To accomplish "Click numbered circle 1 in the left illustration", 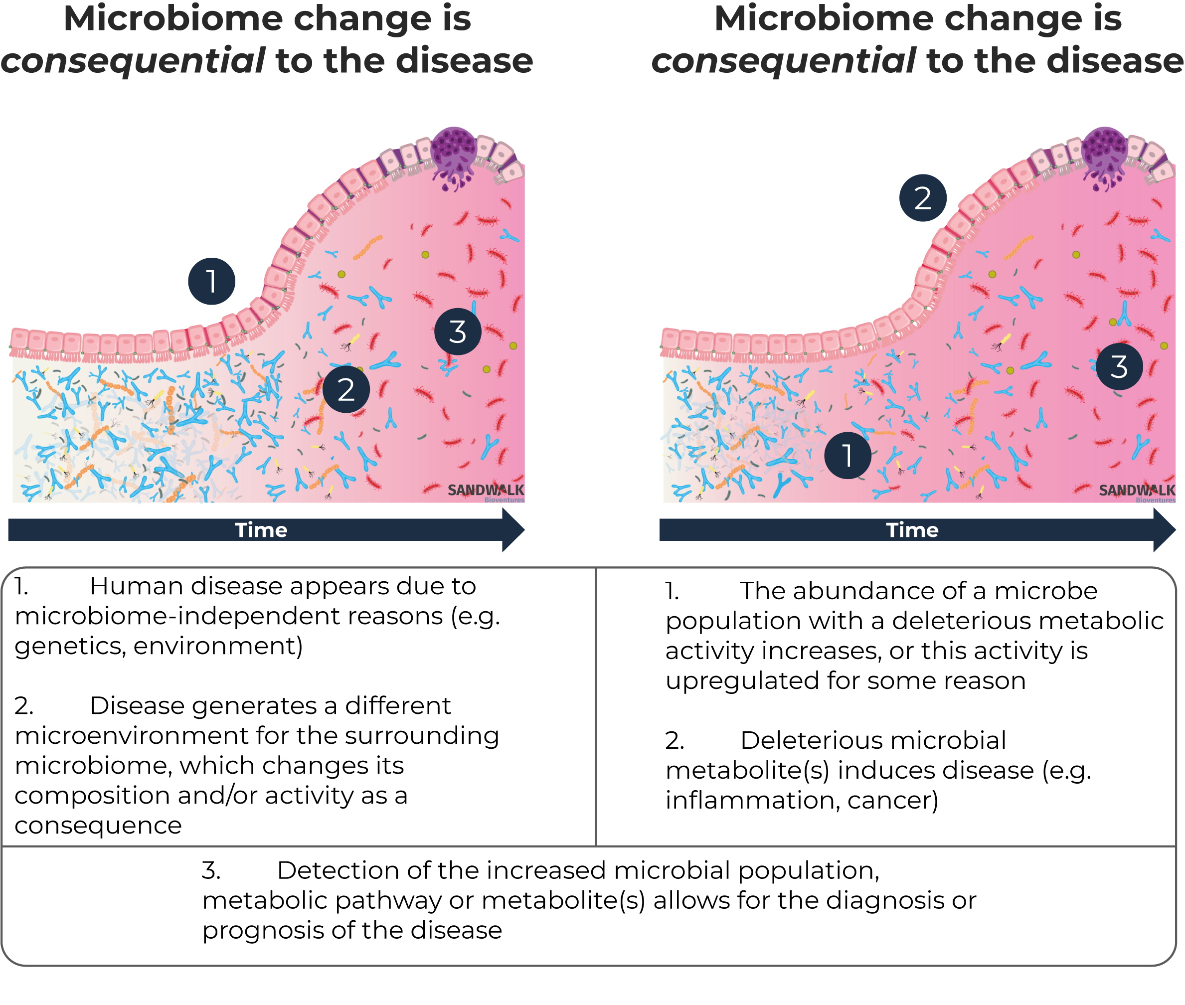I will click(211, 282).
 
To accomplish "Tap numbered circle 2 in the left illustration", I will click(346, 390).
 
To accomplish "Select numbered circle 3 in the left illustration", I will click(458, 332).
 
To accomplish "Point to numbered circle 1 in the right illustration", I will click(847, 455).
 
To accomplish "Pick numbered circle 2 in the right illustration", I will click(922, 198).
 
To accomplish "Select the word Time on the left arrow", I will click(261, 530).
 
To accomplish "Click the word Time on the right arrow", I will click(912, 530).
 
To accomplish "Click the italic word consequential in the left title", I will click(133, 61).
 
